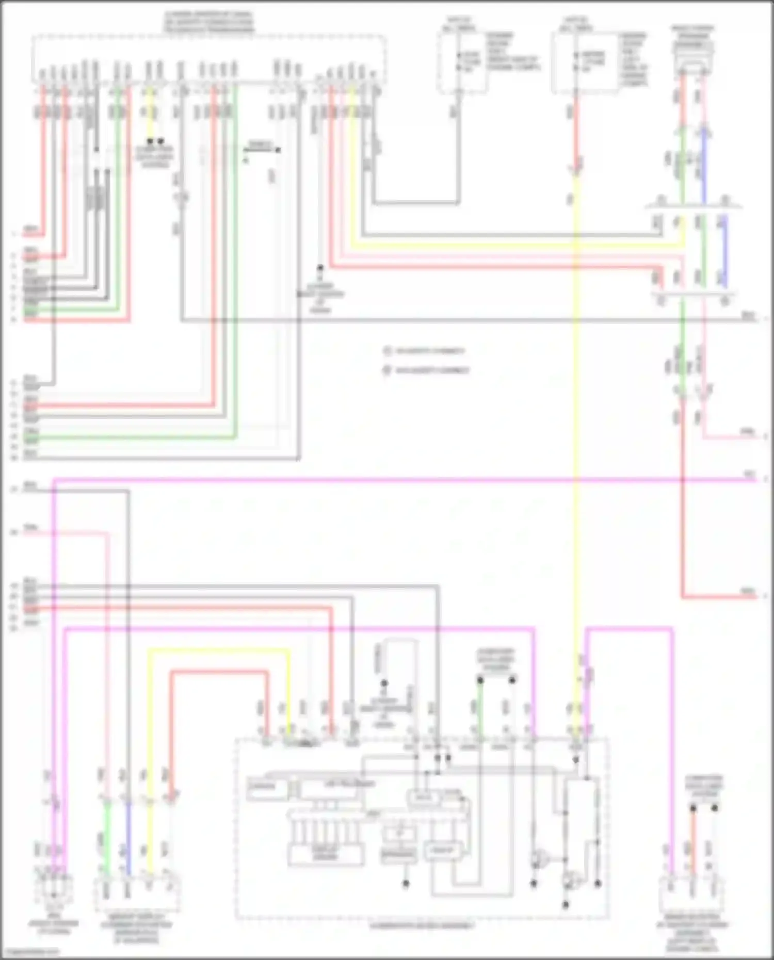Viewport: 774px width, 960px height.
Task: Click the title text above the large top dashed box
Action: [209, 22]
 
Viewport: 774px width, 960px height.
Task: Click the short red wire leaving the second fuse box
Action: [576, 129]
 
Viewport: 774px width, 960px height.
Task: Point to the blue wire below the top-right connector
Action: [704, 165]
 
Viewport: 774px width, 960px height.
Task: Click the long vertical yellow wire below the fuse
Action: [576, 413]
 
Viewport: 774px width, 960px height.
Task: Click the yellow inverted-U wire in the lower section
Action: [217, 649]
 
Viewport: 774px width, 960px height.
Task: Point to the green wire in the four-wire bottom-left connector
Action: [107, 836]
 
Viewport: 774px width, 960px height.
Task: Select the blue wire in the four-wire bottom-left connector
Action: [128, 836]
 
